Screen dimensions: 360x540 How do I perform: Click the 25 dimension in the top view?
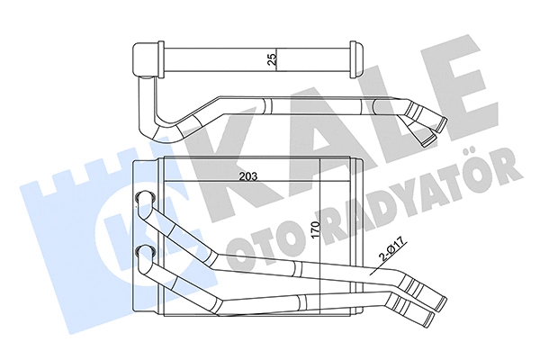point(270,60)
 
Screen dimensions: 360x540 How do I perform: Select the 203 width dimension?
point(239,176)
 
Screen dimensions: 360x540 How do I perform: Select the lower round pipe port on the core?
point(144,249)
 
